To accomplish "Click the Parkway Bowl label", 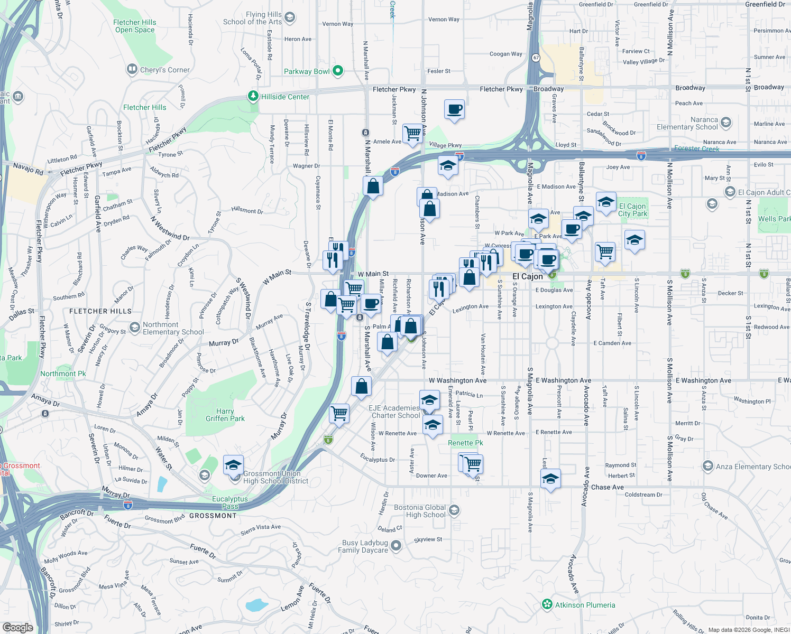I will click(x=307, y=71).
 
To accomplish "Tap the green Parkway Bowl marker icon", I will click(x=338, y=70).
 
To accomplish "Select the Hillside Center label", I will click(x=285, y=97).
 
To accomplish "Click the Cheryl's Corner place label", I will click(x=164, y=70).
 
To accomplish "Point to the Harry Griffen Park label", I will click(x=225, y=415).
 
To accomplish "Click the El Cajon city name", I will click(x=527, y=276).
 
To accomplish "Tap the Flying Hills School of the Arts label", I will click(x=252, y=18).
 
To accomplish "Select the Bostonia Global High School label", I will click(x=420, y=511).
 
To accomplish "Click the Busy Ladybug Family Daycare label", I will click(x=365, y=546).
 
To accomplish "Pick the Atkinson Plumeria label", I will click(x=585, y=605).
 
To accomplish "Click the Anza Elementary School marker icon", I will click(x=708, y=466).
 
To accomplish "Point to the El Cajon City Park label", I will click(x=632, y=210).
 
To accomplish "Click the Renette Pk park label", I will click(x=465, y=443).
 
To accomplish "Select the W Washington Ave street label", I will click(x=457, y=380).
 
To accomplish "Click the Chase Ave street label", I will click(x=607, y=487).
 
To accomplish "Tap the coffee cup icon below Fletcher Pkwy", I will click(x=455, y=109).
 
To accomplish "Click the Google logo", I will click(x=18, y=627).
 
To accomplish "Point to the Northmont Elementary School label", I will click(x=173, y=328).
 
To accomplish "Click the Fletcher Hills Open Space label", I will click(x=135, y=26).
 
